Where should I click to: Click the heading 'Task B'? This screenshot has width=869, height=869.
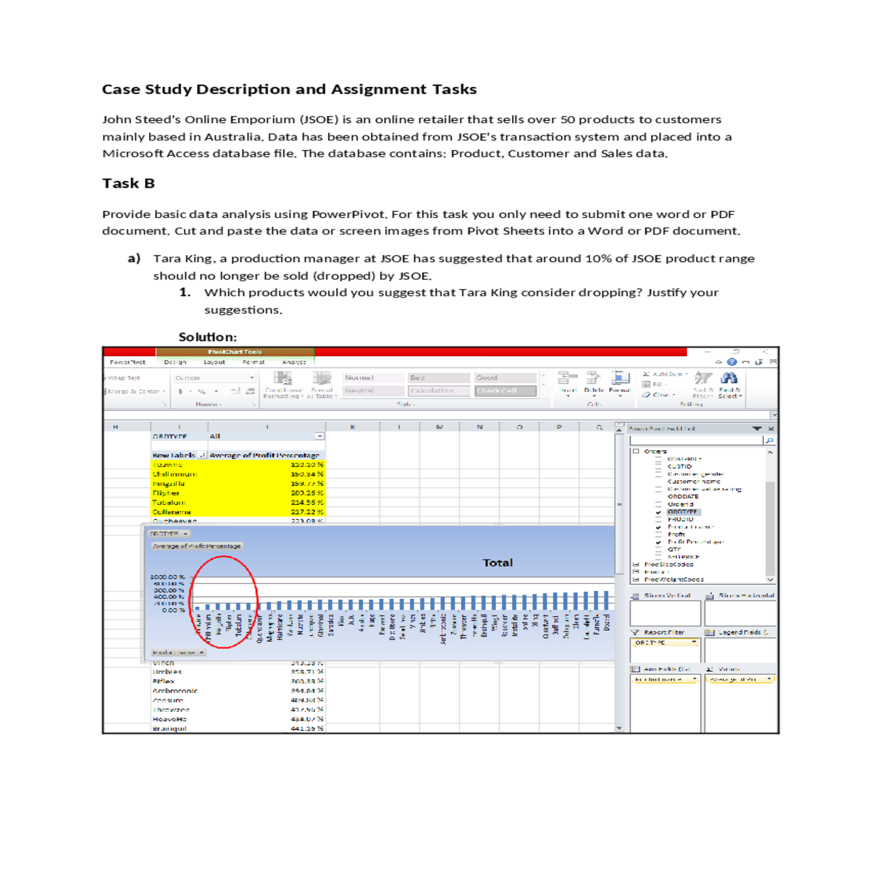pos(128,183)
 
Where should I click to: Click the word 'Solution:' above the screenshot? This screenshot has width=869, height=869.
pos(207,337)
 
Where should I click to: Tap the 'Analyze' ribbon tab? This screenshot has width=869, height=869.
pos(293,362)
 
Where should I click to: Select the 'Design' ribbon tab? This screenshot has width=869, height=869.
pos(175,362)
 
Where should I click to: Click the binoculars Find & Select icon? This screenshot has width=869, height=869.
pos(729,378)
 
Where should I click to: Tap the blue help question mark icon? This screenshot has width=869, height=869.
pos(732,362)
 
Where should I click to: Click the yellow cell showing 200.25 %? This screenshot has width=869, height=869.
pos(307,493)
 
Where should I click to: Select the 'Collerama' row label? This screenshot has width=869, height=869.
pos(172,512)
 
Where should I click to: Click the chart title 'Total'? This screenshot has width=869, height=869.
pos(498,563)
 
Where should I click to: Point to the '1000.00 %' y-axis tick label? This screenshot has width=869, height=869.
pos(167,577)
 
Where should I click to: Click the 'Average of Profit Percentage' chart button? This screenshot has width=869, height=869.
pos(196,546)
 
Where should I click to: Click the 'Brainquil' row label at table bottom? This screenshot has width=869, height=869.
pos(169,729)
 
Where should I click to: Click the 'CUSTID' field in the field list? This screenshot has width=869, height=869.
pos(679,466)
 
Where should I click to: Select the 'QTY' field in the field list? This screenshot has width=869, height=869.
pos(674,550)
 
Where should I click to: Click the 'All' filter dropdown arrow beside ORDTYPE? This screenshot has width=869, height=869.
pos(319,437)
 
